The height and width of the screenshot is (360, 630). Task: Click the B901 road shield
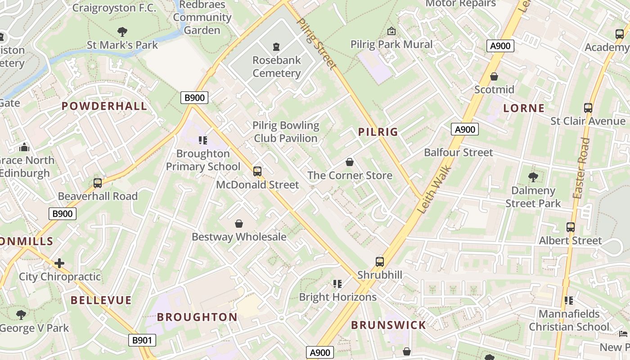pos(142,340)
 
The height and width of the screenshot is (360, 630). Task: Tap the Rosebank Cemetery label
pos(276,67)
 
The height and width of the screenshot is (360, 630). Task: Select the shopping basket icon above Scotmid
pos(494,76)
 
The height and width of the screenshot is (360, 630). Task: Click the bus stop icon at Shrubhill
pos(380,261)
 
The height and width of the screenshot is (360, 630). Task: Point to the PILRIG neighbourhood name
pos(378,132)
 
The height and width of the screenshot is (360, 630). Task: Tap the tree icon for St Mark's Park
pos(122,31)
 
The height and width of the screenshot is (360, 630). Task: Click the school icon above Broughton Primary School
pos(203,140)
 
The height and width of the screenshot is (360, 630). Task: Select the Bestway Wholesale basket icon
pos(239,224)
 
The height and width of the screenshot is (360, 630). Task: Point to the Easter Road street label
pos(581,168)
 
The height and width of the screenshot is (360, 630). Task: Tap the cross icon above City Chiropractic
pos(59,263)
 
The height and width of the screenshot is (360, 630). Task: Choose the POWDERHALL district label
pos(104,106)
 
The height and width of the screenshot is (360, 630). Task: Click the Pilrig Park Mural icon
pos(391,31)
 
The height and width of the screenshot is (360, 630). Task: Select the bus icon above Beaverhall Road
pos(98,183)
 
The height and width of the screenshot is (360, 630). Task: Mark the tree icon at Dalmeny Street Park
pos(533,177)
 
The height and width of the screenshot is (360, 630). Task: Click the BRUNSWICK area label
pos(388,325)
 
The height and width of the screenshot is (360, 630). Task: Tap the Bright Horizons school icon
pos(337,284)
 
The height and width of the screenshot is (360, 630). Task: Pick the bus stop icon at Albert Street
pos(571,227)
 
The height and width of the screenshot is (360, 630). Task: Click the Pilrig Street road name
pos(317,44)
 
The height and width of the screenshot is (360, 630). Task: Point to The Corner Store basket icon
pos(350,162)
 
